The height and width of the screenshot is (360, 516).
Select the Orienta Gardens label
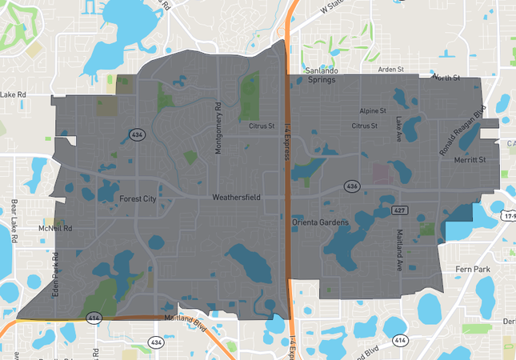coord(321,222)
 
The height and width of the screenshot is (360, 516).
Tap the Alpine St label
coord(373,110)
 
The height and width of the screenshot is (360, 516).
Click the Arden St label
coord(392,70)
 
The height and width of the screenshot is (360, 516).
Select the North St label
coord(446,78)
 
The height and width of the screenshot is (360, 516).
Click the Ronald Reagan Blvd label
coord(462,131)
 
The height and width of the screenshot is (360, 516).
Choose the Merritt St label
coord(470,160)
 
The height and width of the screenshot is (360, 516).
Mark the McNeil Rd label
coord(55,228)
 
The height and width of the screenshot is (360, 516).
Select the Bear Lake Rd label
coord(14,220)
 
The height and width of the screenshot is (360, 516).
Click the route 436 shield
coord(352,186)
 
